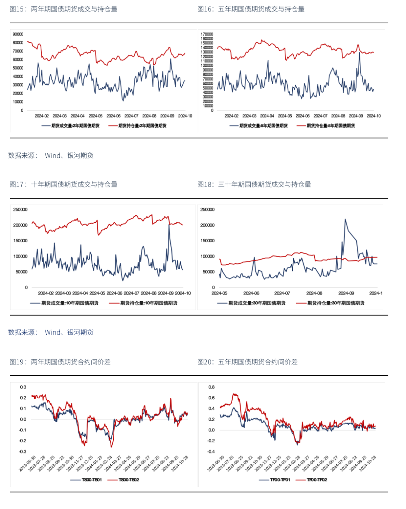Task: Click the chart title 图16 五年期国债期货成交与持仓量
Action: point(251,9)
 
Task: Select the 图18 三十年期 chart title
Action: point(254,184)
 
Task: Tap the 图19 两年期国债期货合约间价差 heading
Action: point(60,362)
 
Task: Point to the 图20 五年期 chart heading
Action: point(247,362)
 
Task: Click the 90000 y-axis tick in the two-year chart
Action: point(18,34)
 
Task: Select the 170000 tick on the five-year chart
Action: point(207,34)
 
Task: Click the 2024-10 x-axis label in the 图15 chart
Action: point(185,116)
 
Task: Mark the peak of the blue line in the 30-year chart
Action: point(345,219)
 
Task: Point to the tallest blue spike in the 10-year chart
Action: point(169,225)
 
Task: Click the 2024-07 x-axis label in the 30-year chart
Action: point(282,293)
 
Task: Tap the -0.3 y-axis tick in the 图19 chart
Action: point(23,451)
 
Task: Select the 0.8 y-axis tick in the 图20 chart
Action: point(212,387)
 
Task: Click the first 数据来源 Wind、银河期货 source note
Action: point(51,155)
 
